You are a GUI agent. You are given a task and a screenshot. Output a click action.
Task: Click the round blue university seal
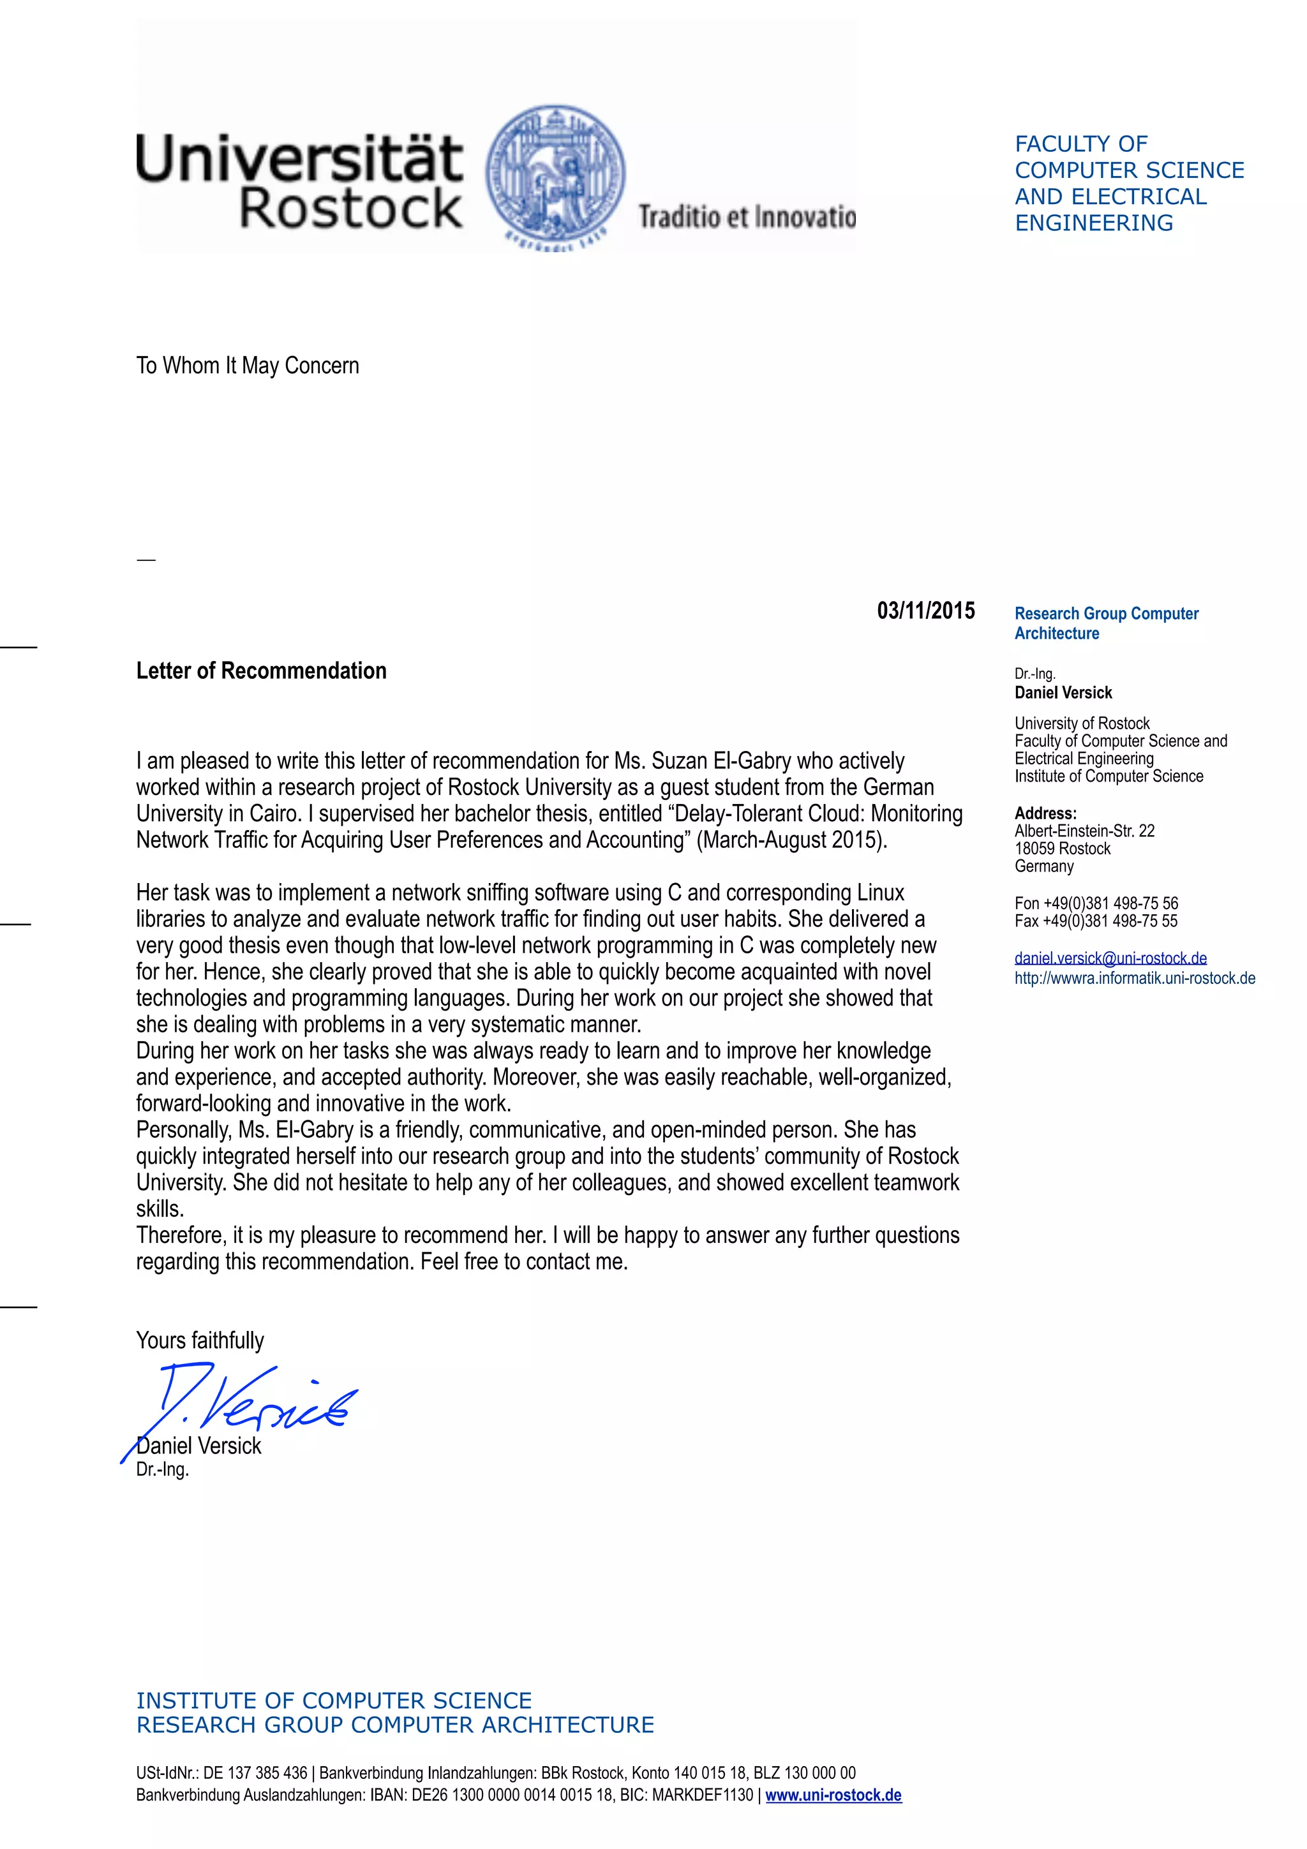pyautogui.click(x=556, y=175)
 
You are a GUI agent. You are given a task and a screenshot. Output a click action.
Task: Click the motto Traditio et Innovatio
pyautogui.click(x=747, y=217)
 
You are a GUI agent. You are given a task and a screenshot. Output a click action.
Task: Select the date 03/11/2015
pyautogui.click(x=925, y=611)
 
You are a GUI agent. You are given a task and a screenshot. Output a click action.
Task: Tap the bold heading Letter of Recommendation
pyautogui.click(x=261, y=671)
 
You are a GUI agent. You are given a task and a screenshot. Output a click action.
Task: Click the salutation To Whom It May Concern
pyautogui.click(x=247, y=366)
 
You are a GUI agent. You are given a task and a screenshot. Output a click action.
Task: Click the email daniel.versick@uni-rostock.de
pyautogui.click(x=1110, y=958)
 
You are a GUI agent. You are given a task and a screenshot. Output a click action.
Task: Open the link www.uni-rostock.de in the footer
pyautogui.click(x=833, y=1795)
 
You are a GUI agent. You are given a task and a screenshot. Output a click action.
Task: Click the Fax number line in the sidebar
pyautogui.click(x=1095, y=921)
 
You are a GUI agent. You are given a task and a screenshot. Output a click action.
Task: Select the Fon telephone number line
pyautogui.click(x=1095, y=903)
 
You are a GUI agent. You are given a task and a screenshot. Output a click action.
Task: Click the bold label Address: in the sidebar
pyautogui.click(x=1045, y=813)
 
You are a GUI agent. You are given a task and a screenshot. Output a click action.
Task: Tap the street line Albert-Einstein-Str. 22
pyautogui.click(x=1084, y=831)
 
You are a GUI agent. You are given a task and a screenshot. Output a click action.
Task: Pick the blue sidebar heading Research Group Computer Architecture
pyautogui.click(x=1106, y=623)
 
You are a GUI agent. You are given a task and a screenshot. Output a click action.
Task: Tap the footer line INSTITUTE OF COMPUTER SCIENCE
pyautogui.click(x=333, y=1701)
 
